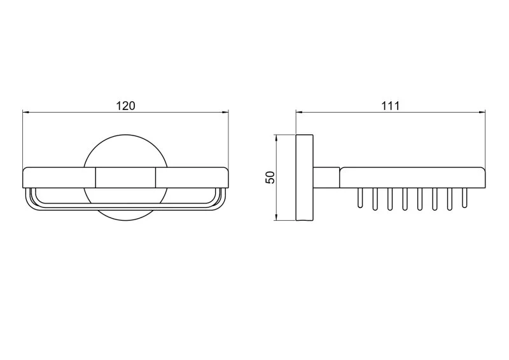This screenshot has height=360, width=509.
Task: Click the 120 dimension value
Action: (x=125, y=106)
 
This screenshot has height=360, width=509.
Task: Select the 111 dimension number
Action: (x=390, y=106)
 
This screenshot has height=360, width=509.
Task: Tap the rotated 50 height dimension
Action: (x=270, y=177)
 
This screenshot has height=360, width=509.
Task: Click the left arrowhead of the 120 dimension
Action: (x=26, y=113)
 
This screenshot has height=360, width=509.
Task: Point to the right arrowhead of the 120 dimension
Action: (x=225, y=113)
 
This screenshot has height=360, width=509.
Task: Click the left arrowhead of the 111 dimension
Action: (x=299, y=113)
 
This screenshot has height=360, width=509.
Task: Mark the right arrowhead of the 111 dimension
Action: (x=482, y=113)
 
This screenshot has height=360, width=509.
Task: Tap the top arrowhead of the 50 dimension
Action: (x=276, y=138)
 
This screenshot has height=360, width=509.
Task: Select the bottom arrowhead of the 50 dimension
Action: (x=276, y=216)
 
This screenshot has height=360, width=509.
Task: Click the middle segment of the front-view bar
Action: (x=125, y=177)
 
